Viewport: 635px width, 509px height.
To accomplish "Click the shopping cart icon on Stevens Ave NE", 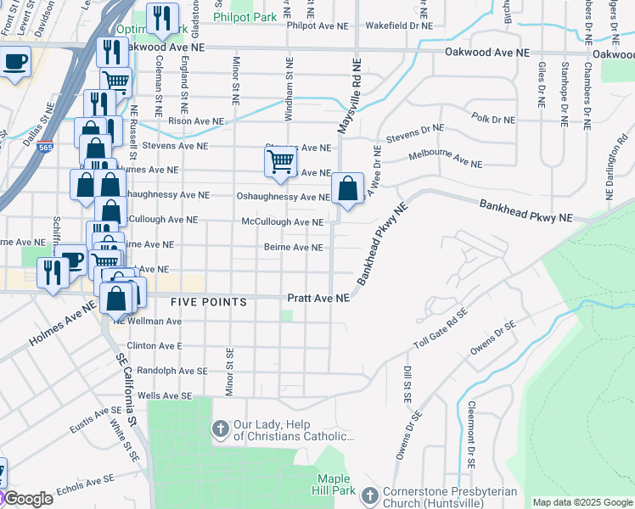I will click(x=280, y=161).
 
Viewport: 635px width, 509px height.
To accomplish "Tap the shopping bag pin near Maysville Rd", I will click(x=347, y=188).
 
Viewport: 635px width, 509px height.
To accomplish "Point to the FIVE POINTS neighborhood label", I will click(x=208, y=302).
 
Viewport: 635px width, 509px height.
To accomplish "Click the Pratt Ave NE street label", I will click(x=318, y=299).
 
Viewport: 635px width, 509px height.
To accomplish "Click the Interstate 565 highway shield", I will click(x=46, y=146).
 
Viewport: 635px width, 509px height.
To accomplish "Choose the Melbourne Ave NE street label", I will click(x=445, y=159).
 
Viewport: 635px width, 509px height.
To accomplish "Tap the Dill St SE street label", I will click(x=407, y=384).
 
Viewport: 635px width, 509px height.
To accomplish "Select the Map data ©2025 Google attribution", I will click(x=582, y=502).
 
